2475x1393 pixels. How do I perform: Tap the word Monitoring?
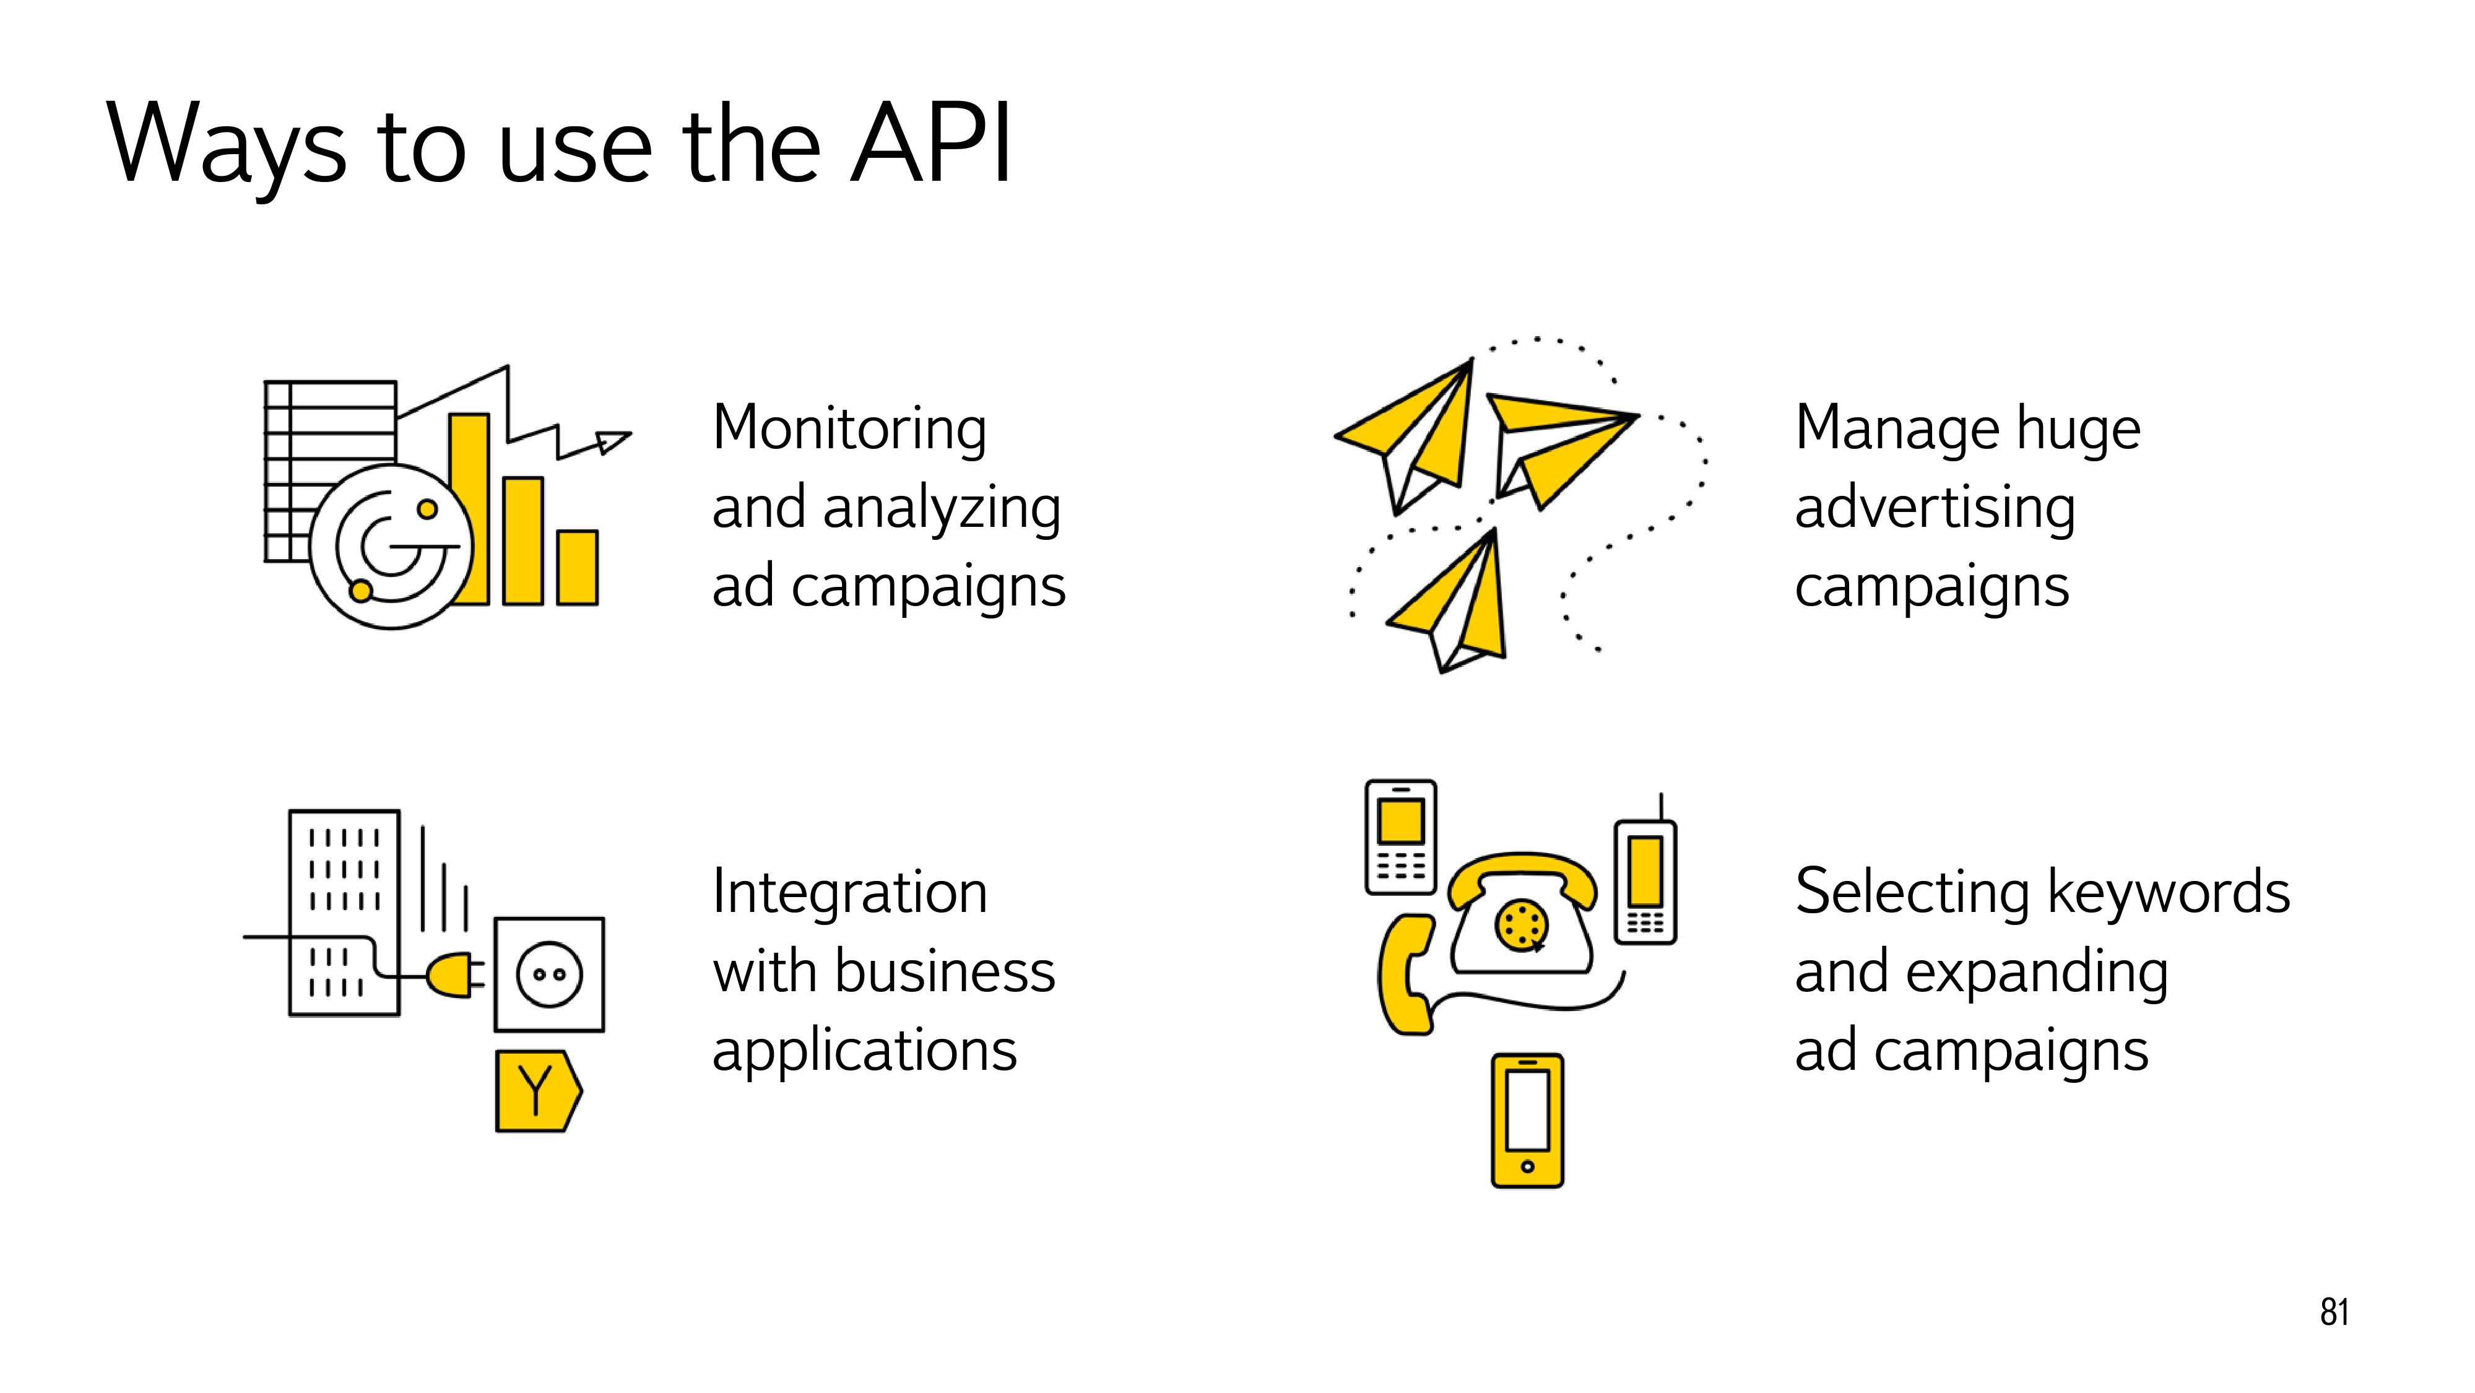coord(849,428)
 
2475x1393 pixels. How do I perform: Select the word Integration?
coord(849,892)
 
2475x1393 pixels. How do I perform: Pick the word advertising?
coord(1935,508)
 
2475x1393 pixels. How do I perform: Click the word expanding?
coord(2037,972)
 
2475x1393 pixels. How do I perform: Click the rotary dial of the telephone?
coord(1521,925)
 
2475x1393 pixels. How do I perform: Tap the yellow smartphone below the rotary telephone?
coord(1528,1120)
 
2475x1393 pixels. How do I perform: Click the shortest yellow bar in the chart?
coord(578,567)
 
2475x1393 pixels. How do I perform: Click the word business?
coord(945,971)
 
